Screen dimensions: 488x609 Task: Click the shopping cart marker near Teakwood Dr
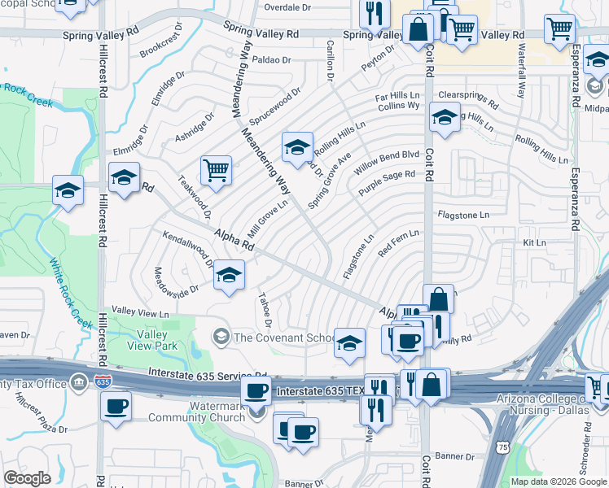tap(217, 170)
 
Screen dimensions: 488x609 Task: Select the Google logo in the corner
tap(28, 479)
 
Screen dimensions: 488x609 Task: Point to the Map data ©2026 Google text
tap(558, 481)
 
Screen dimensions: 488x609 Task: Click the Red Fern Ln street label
tap(397, 245)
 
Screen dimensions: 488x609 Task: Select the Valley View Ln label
tap(140, 312)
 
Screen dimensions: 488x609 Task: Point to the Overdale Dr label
tap(288, 7)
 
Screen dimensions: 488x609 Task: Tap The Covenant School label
tap(285, 338)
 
